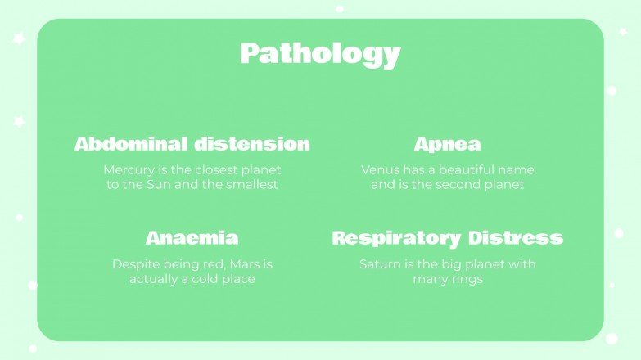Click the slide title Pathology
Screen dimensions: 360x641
point(320,54)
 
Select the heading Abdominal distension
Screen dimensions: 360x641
point(192,144)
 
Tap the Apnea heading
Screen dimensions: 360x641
point(447,144)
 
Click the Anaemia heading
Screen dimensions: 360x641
point(192,238)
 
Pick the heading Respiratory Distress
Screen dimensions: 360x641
point(447,238)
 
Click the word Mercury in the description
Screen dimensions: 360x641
point(128,170)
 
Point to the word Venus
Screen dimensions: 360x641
point(380,170)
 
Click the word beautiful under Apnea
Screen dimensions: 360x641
point(459,170)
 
